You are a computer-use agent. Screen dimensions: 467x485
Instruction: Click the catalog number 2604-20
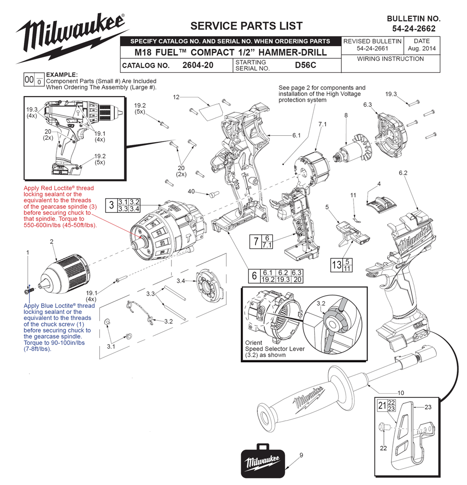[198, 65]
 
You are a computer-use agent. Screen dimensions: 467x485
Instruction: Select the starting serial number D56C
[305, 65]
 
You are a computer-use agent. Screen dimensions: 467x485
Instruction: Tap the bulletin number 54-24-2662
[414, 28]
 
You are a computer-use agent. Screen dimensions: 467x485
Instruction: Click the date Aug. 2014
[422, 48]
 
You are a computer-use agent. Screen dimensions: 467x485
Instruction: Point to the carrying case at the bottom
[262, 461]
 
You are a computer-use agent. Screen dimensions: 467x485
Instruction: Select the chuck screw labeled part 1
[29, 291]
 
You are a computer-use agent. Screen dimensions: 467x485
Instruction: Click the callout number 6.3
[367, 105]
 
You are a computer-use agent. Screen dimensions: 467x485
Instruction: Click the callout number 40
[191, 192]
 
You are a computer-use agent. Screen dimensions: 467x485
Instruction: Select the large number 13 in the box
[337, 265]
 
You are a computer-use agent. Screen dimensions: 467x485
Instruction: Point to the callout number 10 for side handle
[401, 393]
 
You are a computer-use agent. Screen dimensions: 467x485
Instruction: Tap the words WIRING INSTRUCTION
[390, 59]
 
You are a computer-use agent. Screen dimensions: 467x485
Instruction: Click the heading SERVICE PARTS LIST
[246, 26]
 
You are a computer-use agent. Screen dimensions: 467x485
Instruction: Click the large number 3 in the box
[112, 205]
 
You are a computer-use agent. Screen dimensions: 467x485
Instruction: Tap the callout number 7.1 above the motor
[322, 125]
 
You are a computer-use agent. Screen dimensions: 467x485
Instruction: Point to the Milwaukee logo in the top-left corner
[72, 37]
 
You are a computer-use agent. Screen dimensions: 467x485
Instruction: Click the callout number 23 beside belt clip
[428, 407]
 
